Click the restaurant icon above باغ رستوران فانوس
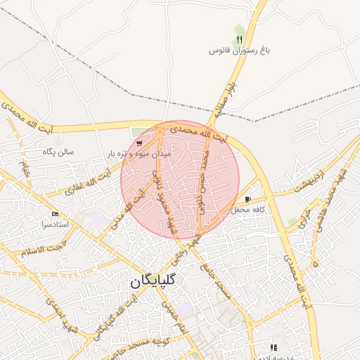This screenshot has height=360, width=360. [239, 39]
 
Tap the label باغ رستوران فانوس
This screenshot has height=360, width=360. [240, 51]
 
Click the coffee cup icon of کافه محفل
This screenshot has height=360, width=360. [247, 199]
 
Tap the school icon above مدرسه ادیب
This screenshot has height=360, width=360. [274, 347]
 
